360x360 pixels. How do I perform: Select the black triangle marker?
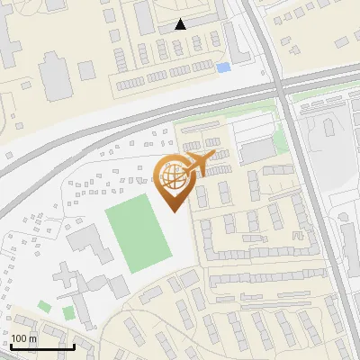[181, 24]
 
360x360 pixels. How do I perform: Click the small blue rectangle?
[223, 67]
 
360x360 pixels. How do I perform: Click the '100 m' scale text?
[24, 338]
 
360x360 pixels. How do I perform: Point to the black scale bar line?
[42, 346]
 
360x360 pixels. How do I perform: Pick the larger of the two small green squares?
[68, 312]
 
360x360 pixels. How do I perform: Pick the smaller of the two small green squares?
[44, 307]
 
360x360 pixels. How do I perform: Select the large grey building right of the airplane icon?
[256, 150]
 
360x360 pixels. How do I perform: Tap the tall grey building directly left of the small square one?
[56, 76]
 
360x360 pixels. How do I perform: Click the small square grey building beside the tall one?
[86, 70]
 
